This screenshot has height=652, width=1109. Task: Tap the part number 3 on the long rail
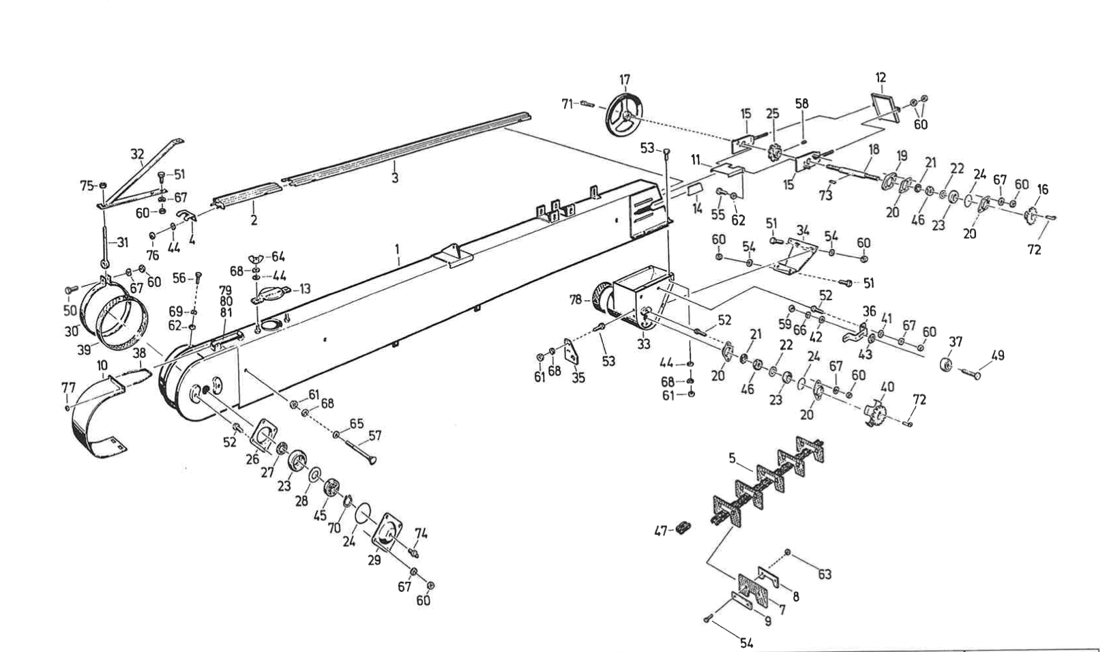point(395,178)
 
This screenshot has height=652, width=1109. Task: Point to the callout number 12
point(881,78)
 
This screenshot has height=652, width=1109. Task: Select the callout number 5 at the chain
point(732,458)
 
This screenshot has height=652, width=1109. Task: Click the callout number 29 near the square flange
point(374,561)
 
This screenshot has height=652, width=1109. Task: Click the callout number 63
point(825,574)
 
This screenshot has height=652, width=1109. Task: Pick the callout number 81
point(226,312)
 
